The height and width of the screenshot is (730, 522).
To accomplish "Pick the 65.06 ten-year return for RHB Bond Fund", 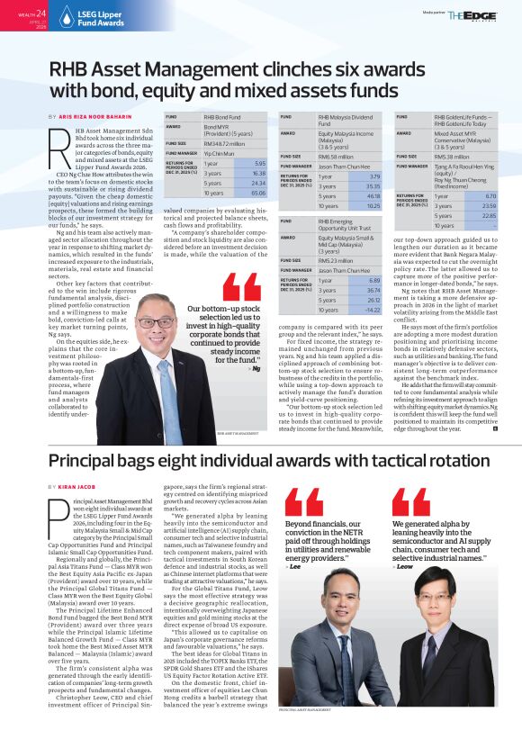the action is point(258,193).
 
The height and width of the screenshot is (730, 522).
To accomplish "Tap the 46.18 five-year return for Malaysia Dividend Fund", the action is point(374,195).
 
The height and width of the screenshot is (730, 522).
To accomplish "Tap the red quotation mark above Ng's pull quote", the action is point(240,289).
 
